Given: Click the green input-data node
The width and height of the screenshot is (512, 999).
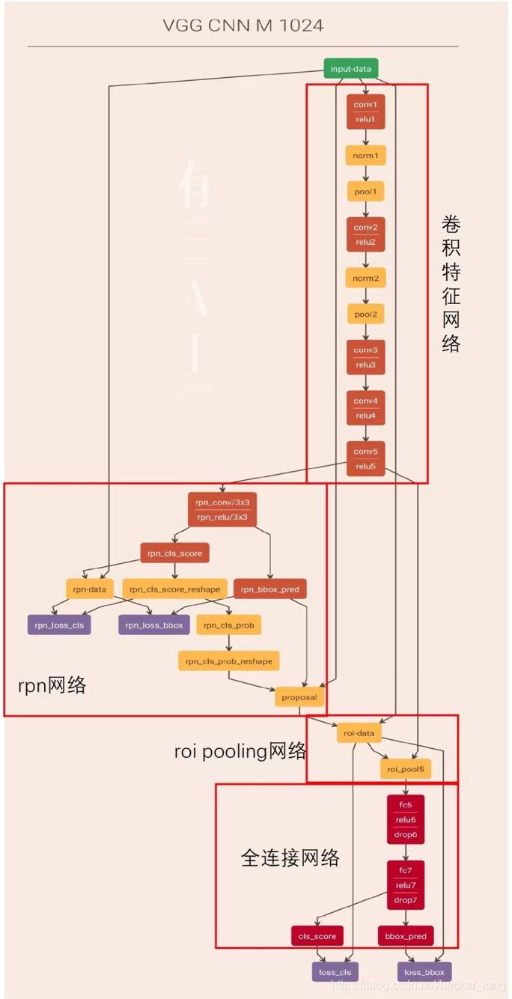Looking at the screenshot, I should point(352,69).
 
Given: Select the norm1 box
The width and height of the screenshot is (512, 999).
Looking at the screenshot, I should point(365,156).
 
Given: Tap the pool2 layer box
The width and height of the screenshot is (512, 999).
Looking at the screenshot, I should point(365,314).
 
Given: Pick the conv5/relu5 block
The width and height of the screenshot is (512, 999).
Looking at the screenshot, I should point(365,458).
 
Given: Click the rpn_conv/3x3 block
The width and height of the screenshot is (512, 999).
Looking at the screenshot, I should point(222,509).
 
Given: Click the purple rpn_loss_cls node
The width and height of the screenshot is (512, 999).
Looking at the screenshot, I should point(59,625).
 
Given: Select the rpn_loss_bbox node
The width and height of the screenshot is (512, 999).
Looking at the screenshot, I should point(154,625).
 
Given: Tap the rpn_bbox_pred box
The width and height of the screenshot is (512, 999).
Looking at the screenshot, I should point(269,589).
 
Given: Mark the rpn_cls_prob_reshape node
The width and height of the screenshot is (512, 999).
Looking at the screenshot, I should point(228,661).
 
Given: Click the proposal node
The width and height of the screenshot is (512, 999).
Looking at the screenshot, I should point(299,697).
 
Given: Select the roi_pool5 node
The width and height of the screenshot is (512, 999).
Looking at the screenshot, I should point(405,769).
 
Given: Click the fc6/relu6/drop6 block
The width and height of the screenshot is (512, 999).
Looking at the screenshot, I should point(406,819).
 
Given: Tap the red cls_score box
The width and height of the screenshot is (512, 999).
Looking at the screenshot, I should point(317,936).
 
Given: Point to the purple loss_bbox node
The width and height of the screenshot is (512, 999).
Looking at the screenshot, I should point(424,972).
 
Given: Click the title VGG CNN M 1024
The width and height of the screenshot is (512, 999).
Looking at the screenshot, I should point(243,26).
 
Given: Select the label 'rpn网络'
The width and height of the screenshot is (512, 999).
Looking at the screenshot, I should point(52,684).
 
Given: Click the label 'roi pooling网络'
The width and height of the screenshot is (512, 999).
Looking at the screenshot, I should point(240,751).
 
